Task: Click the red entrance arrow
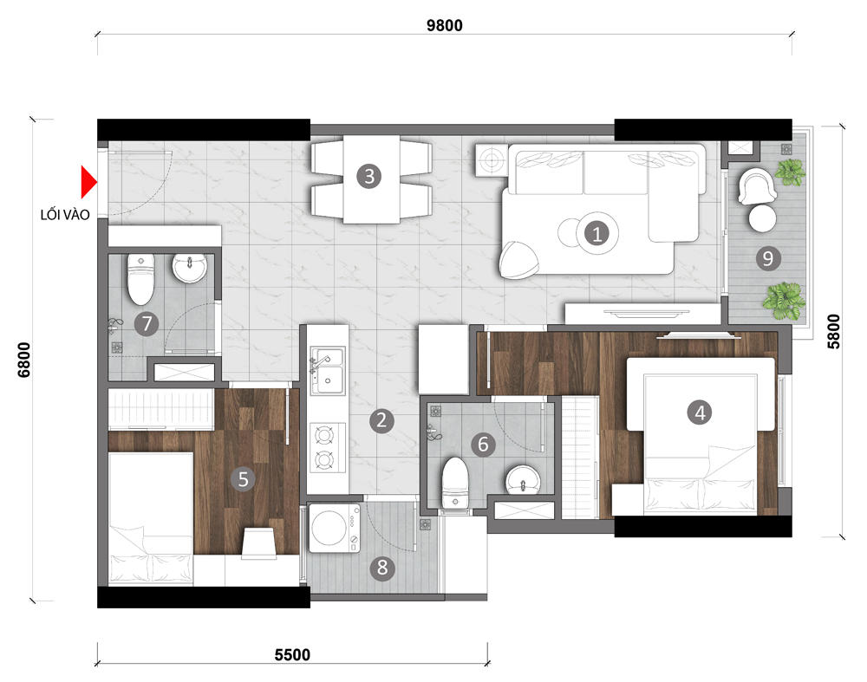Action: click(x=88, y=182)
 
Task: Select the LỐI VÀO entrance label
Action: click(x=65, y=214)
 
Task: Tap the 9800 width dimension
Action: click(x=445, y=25)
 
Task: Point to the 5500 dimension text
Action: click(x=292, y=655)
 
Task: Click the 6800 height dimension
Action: click(x=25, y=360)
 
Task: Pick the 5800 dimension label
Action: click(x=833, y=332)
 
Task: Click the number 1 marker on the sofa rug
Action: click(x=596, y=234)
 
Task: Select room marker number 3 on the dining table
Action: click(x=368, y=176)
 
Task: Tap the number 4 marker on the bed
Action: click(x=700, y=412)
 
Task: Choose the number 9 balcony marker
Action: click(x=767, y=258)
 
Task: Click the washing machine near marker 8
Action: click(x=334, y=528)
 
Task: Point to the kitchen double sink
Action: click(x=328, y=370)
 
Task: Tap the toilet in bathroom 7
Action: click(x=141, y=278)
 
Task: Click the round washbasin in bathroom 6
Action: click(x=523, y=479)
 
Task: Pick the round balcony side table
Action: click(x=762, y=218)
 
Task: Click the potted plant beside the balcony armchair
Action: click(x=790, y=172)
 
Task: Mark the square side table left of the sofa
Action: click(x=491, y=160)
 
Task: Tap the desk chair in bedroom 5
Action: click(x=259, y=542)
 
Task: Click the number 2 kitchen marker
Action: click(x=381, y=420)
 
